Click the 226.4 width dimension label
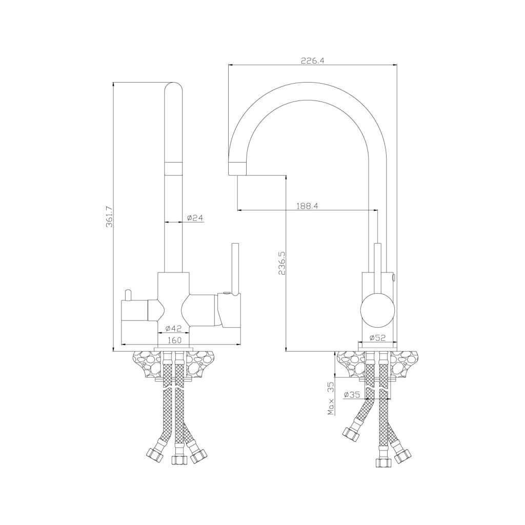coord(312,60)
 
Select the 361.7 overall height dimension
coord(109,217)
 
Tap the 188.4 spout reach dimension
coord(307,206)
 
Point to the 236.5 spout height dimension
coord(281,263)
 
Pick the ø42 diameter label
coord(174,329)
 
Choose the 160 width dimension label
coord(174,340)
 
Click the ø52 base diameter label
coord(377,338)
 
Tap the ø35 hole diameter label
coord(352,395)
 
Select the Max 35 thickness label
coord(331,398)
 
